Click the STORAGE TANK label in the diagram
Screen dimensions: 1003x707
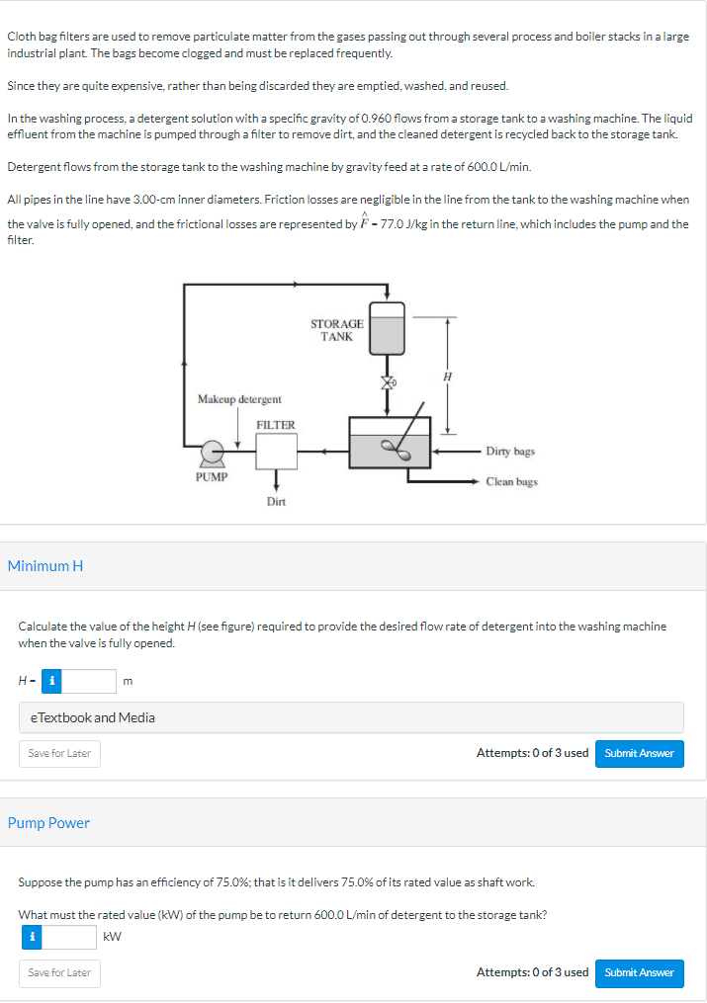[336, 330]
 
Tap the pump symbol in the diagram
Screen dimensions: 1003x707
[211, 454]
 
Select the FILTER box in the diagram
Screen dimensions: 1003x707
[276, 451]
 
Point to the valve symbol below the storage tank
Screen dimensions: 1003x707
[389, 381]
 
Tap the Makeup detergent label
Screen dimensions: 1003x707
[239, 399]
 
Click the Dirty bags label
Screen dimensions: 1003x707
[511, 452]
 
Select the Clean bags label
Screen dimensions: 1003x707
[512, 482]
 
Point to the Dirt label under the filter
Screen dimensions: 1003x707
[276, 502]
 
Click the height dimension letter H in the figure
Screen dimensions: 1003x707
[447, 376]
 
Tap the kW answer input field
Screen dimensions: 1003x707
[69, 936]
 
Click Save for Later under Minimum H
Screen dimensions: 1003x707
[59, 753]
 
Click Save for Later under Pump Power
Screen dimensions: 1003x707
[59, 972]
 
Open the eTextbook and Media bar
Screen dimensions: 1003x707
[351, 717]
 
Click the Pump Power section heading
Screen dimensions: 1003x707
[48, 823]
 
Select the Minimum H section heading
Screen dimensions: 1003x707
[45, 566]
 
